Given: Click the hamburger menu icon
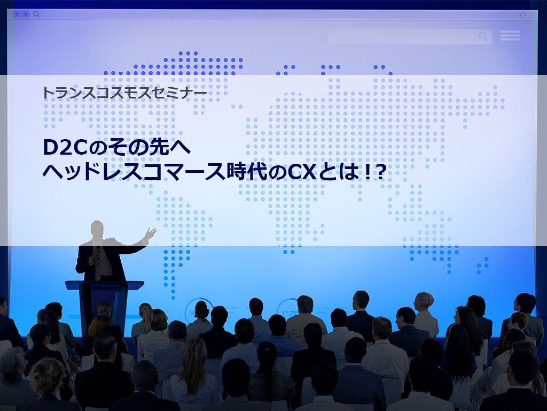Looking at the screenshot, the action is point(510,36).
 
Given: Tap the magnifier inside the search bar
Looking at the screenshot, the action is point(483,36).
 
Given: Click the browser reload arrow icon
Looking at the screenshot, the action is point(523,15).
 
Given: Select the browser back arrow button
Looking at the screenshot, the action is point(17,14).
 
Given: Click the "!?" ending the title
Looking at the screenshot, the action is point(374,172).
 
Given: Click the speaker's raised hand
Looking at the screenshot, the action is point(150,233).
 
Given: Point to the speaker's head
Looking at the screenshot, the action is point(97,231).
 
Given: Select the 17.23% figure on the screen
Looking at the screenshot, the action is point(290,313).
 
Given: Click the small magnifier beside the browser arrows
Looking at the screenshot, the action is point(37,14).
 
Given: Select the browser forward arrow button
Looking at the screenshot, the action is point(26,14).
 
